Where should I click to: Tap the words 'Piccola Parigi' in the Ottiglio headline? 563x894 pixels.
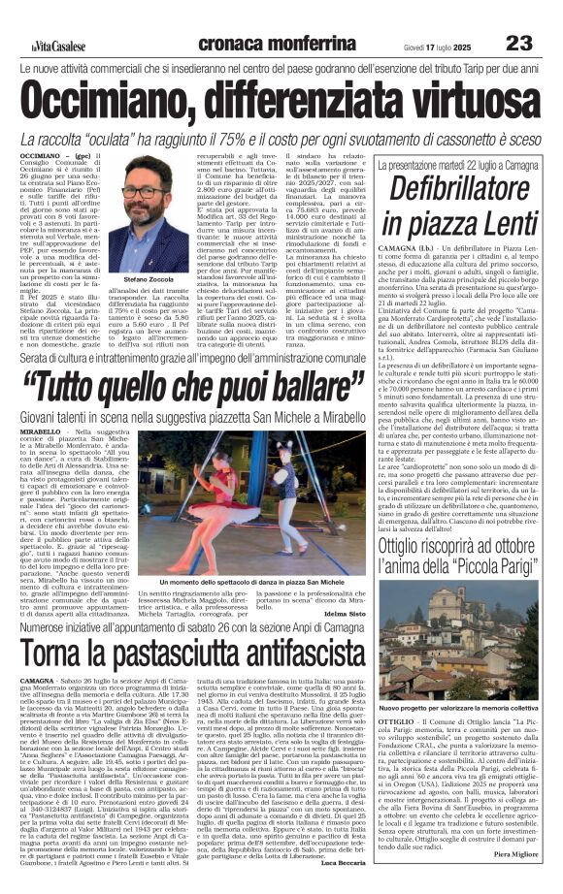click(x=487, y=571)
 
